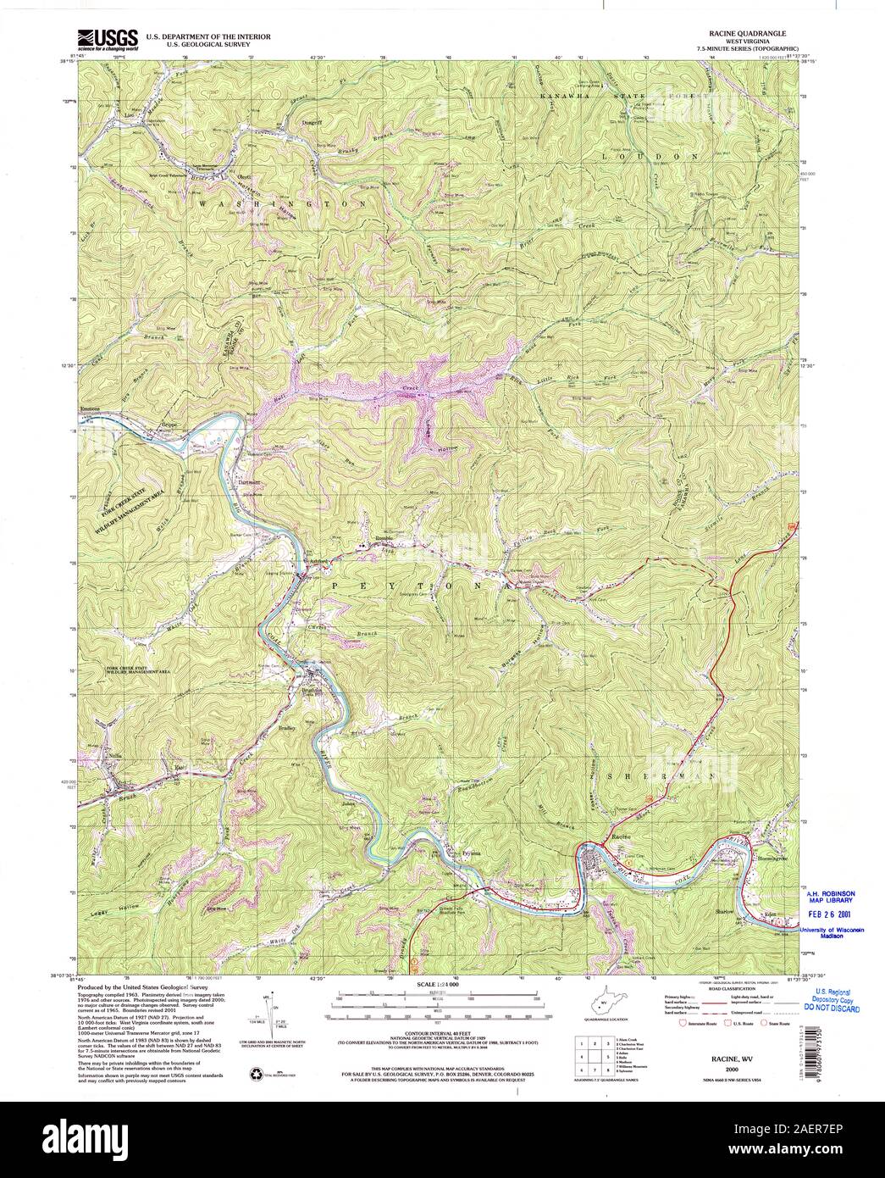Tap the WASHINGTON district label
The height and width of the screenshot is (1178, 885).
click(x=284, y=204)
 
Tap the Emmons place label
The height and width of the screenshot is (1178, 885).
click(x=90, y=408)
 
